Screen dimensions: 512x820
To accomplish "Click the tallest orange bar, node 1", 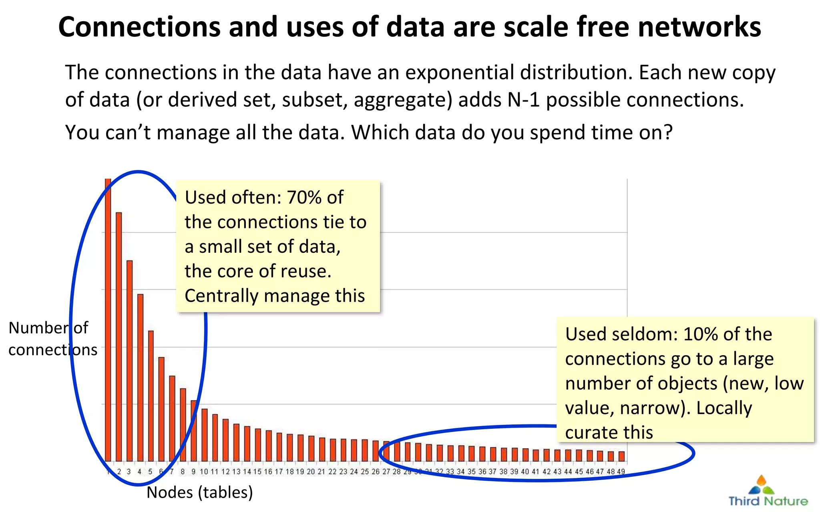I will (x=108, y=320).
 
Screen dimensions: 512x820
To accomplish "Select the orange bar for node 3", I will (x=129, y=360).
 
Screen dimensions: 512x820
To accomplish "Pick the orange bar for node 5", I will (x=151, y=396).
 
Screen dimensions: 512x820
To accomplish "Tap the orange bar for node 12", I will (x=225, y=440).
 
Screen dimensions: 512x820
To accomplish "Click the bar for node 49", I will (x=621, y=456).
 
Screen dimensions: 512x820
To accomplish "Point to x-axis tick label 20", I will (x=311, y=472).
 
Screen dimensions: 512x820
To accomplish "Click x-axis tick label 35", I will (x=472, y=472).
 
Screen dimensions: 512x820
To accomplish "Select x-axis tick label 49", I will (x=621, y=472).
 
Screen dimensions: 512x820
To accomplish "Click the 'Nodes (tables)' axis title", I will (x=200, y=492).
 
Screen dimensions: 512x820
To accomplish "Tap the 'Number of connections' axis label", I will (x=52, y=339).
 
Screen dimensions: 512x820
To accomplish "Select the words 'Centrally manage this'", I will (x=275, y=296).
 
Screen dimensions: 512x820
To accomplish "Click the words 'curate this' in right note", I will (x=609, y=433).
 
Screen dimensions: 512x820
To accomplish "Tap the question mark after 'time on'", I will (x=668, y=133).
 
